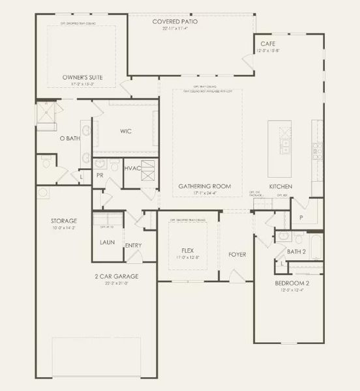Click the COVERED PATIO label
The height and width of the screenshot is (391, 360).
(175, 22)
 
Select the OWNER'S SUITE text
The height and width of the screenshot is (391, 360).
(78, 76)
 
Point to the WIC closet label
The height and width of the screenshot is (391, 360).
(126, 131)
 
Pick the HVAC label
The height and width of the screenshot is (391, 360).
(133, 168)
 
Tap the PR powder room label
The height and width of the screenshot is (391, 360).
(100, 175)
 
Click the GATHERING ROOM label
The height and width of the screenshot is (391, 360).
(205, 186)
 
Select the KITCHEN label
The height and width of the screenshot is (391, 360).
(280, 186)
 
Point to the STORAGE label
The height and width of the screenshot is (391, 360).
(64, 221)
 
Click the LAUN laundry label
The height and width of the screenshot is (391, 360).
(107, 242)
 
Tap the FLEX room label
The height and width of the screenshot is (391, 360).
(188, 250)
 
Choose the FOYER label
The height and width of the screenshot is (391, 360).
(237, 254)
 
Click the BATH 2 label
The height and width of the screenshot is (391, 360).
(296, 251)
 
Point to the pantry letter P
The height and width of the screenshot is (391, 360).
(301, 218)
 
